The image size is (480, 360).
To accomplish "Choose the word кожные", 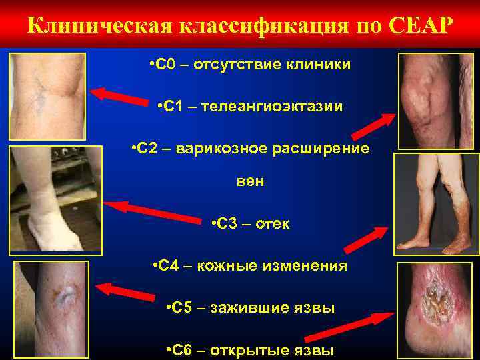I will pos(227,265).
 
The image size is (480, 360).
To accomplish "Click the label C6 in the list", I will pos(178,350).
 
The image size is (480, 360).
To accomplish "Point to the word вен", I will pos(250,181).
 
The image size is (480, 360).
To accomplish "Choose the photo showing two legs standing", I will pos(436,203).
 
